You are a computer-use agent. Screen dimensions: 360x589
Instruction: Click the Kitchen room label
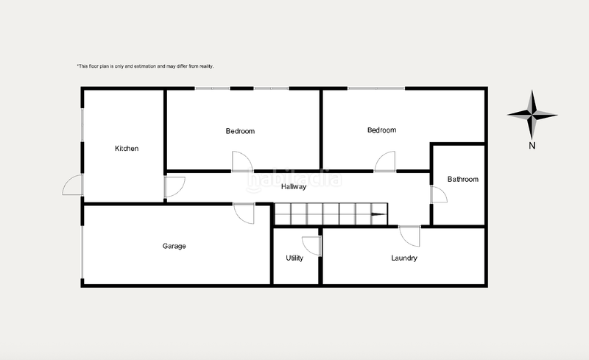(x=127, y=149)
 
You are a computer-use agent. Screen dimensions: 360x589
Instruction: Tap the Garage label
(x=174, y=246)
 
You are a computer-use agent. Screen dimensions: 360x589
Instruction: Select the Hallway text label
(x=294, y=187)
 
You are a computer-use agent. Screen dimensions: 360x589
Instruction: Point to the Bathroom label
(x=463, y=179)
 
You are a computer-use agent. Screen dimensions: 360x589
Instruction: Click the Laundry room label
(x=404, y=258)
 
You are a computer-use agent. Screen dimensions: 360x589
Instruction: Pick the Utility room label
(x=294, y=258)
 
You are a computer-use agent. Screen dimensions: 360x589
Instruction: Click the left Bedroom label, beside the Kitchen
(x=240, y=131)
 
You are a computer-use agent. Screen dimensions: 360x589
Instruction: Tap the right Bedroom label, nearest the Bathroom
(x=381, y=130)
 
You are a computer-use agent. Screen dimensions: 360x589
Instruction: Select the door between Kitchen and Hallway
(x=174, y=187)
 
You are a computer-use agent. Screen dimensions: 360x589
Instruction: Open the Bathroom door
(x=438, y=194)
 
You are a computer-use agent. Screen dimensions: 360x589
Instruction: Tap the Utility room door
(x=311, y=246)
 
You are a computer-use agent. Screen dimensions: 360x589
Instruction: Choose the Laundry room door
(x=410, y=236)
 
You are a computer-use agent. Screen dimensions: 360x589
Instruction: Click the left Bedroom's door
(x=241, y=161)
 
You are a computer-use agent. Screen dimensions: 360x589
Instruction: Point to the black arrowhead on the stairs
(x=377, y=216)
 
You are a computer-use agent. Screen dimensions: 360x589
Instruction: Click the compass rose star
(x=532, y=114)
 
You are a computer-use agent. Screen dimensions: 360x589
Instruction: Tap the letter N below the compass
(x=532, y=146)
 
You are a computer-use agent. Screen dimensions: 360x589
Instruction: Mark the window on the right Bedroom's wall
(x=375, y=89)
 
